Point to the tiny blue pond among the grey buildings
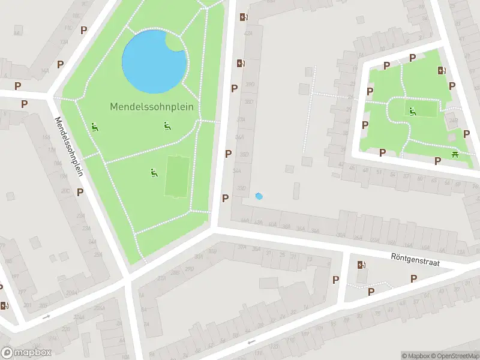(259, 196)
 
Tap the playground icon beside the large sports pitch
(154, 173)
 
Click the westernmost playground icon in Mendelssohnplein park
(95, 127)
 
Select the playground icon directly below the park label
(167, 125)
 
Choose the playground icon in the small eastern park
(412, 110)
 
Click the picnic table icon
(455, 155)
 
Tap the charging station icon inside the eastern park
(442, 71)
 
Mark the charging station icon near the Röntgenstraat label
(361, 265)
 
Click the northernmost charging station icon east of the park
(243, 17)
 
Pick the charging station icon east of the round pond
(241, 63)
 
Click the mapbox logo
(26, 353)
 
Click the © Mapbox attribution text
(415, 356)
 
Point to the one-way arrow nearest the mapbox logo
(46, 316)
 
